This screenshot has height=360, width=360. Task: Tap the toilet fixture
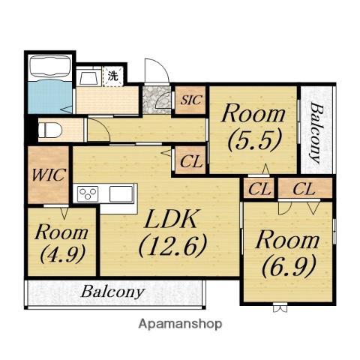50,130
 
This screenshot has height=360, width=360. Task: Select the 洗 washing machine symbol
112,76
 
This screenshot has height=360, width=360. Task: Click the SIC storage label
191,100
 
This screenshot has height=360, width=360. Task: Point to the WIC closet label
49,175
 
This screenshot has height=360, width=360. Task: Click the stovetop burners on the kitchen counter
88,193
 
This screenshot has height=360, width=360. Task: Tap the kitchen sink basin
121,193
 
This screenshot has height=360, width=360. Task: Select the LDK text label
170,219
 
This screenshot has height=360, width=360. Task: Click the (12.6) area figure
172,246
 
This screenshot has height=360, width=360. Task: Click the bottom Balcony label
112,292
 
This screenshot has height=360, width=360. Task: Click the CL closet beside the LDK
191,161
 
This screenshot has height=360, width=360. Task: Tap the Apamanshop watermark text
180,324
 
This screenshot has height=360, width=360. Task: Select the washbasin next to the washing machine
88,77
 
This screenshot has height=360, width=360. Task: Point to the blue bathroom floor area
50,97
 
